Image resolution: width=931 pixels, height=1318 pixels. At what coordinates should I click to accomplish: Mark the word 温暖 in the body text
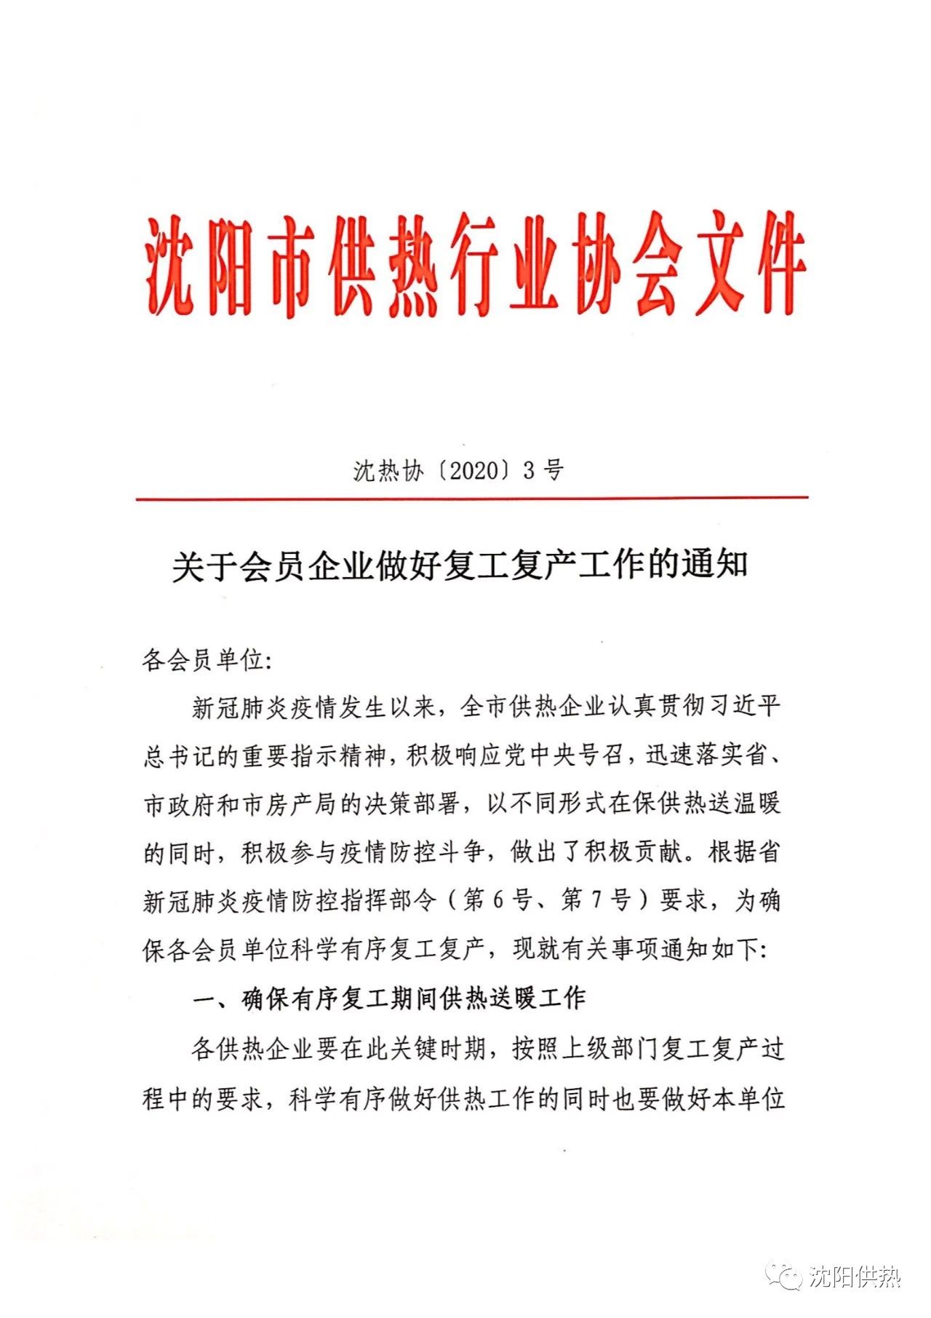tap(756, 804)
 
